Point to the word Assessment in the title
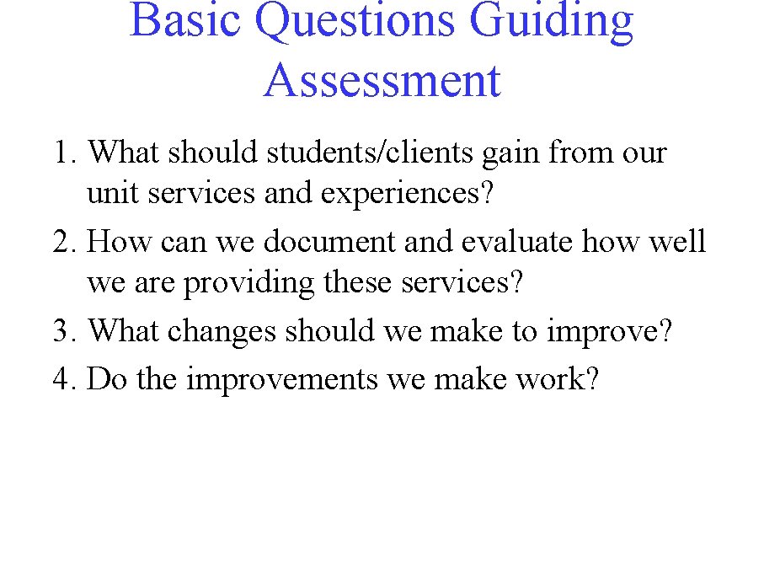pyautogui.click(x=382, y=81)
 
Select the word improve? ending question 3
pyautogui.click(x=610, y=332)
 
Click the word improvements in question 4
pyautogui.click(x=282, y=380)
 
